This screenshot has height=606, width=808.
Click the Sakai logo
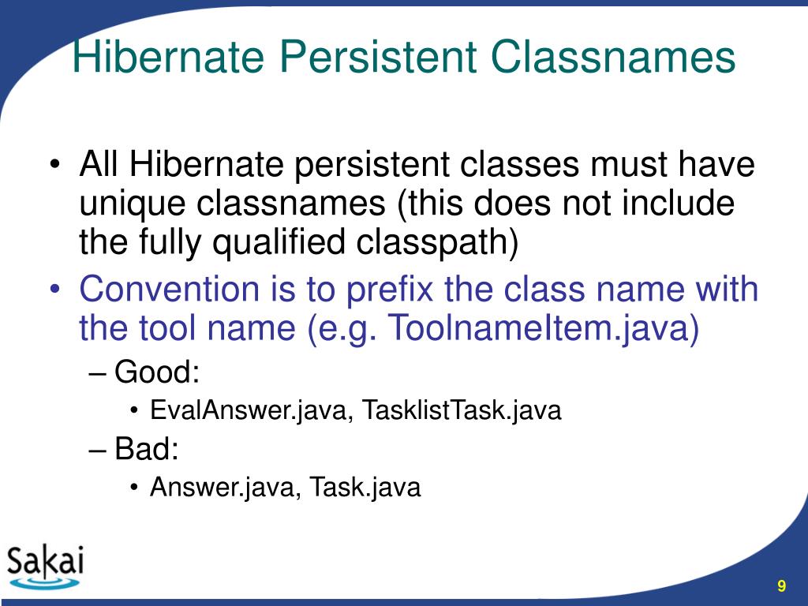[45, 566]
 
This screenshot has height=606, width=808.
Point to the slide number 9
[781, 585]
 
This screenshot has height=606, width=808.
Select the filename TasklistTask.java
[462, 410]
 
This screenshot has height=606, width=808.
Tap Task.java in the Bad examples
[365, 488]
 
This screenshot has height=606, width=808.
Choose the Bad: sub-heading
[147, 449]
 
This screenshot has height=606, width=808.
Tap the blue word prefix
[390, 290]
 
